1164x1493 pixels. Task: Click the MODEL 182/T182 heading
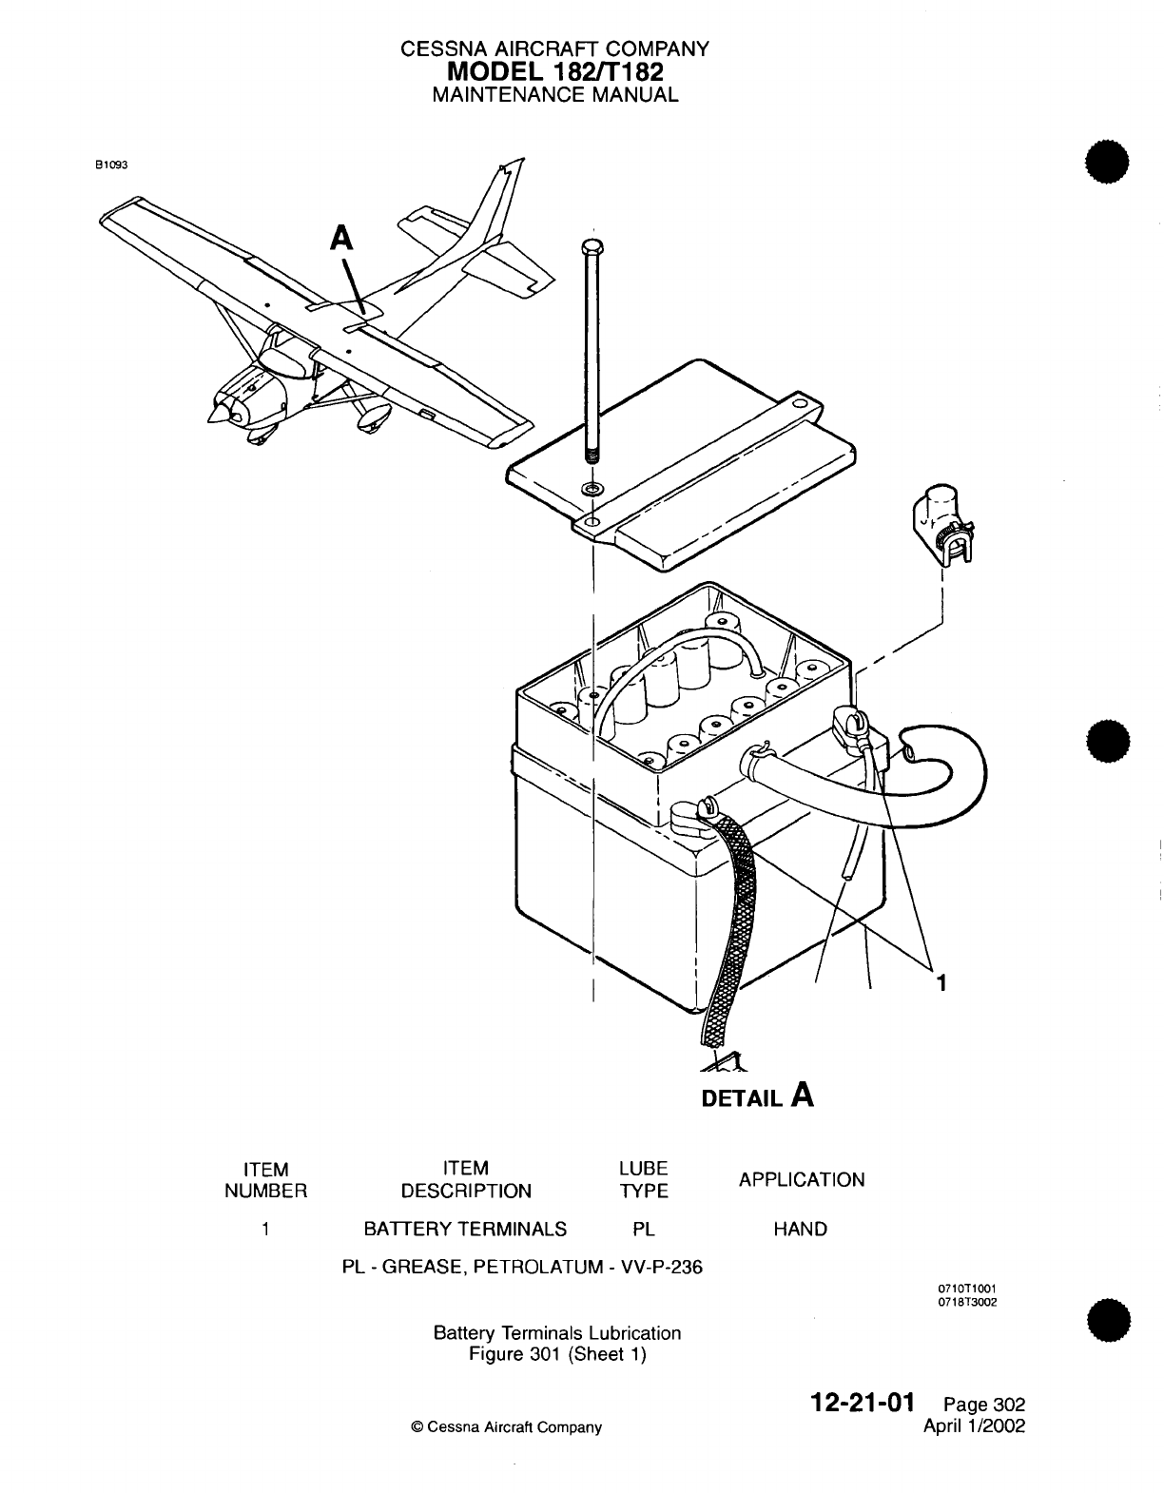(555, 71)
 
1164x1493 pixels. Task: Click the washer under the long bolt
(592, 490)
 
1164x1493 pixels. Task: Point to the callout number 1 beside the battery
(941, 983)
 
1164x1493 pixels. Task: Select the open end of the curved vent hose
(912, 752)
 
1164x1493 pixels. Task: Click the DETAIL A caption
(757, 1097)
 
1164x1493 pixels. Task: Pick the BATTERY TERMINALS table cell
(465, 1229)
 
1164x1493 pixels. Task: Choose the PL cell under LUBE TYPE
(644, 1229)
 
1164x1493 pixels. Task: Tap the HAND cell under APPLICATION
(800, 1229)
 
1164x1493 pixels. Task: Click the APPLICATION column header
(802, 1179)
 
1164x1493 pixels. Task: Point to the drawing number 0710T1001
(966, 1289)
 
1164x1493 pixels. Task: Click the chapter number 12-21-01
(862, 1403)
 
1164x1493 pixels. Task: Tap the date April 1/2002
(974, 1425)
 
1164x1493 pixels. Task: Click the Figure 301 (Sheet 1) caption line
(557, 1354)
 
